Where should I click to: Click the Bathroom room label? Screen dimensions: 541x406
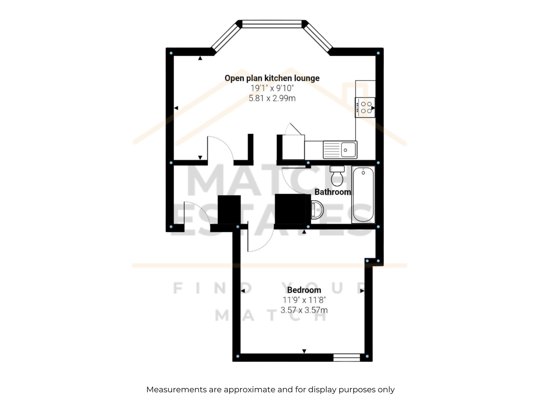click(x=332, y=192)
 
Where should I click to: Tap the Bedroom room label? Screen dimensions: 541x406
click(x=304, y=290)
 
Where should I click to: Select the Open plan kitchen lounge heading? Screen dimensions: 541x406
click(x=272, y=78)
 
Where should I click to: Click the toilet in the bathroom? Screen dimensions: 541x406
click(x=337, y=176)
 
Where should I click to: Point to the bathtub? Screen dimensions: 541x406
click(x=363, y=195)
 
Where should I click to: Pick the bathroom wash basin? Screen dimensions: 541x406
click(x=317, y=210)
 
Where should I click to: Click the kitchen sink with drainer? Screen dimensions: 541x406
click(x=340, y=150)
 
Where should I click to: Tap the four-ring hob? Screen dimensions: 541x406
click(x=365, y=108)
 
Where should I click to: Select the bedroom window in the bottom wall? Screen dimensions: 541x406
click(x=347, y=358)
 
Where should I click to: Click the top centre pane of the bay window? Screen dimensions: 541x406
click(x=272, y=24)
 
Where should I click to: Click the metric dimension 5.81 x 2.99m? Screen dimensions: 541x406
click(x=272, y=98)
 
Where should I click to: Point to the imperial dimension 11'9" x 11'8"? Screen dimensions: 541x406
click(x=304, y=300)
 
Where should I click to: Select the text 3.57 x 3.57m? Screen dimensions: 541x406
click(x=304, y=310)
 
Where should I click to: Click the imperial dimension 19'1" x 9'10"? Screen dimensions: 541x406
click(x=272, y=88)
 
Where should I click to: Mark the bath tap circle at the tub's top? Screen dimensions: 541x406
click(x=363, y=173)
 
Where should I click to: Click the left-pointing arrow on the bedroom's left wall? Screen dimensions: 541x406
click(x=243, y=291)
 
